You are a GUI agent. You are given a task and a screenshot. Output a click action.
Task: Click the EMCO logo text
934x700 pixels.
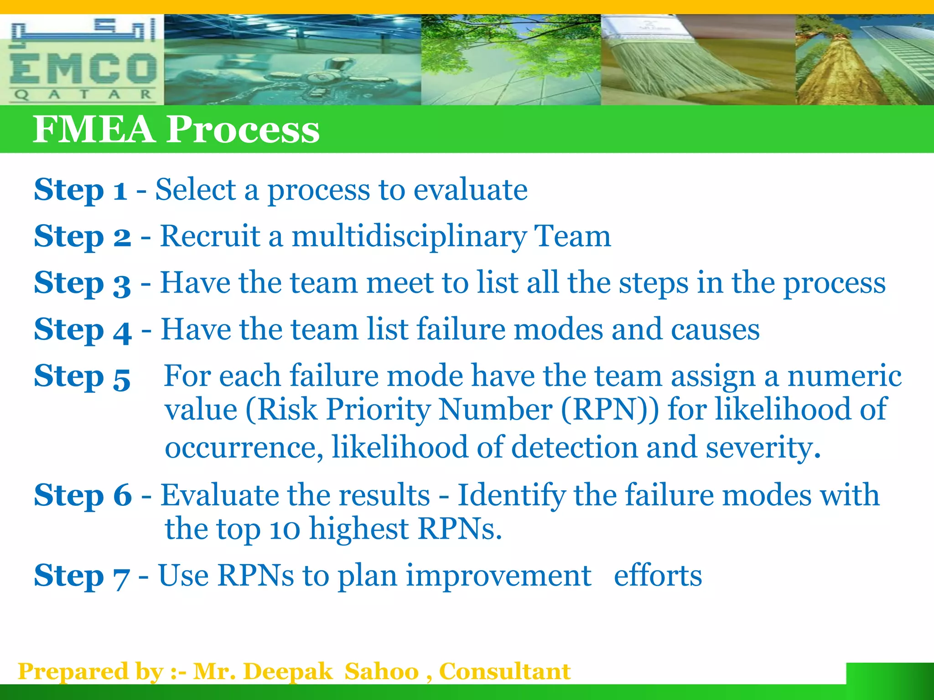click(83, 68)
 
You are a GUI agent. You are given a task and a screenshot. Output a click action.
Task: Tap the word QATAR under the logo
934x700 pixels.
click(83, 95)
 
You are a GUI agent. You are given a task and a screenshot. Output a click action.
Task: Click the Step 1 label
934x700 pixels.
click(80, 190)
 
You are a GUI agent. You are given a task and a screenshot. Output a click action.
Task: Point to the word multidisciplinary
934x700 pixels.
click(409, 237)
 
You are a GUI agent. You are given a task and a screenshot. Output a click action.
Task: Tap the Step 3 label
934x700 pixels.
click(83, 283)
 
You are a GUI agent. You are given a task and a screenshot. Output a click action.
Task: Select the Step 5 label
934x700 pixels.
click(82, 376)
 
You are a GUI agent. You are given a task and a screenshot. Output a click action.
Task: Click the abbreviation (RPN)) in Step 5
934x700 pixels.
click(610, 409)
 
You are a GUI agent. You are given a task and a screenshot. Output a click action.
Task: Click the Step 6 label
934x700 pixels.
click(83, 495)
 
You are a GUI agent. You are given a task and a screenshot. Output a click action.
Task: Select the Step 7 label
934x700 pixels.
click(82, 576)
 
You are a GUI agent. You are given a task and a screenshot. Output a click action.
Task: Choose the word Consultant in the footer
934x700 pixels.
click(504, 671)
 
